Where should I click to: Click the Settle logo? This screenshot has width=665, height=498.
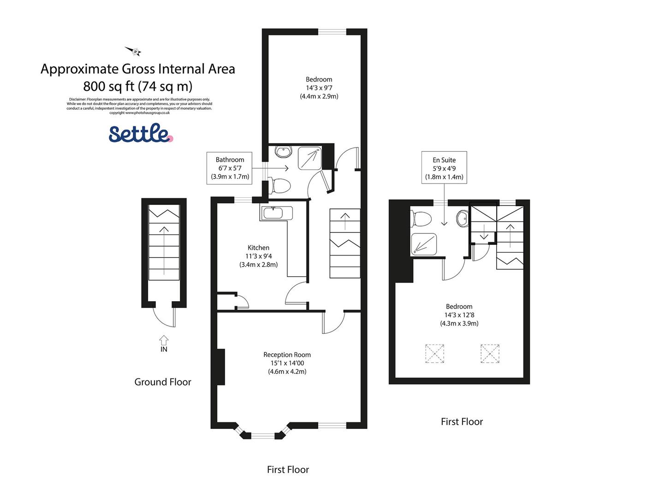141,133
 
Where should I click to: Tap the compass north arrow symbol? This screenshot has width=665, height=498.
133,51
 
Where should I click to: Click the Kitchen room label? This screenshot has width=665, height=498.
258,248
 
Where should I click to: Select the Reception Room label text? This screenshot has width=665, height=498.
287,355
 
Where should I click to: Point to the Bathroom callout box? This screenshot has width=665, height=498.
230,168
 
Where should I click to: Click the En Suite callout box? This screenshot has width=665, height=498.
444,168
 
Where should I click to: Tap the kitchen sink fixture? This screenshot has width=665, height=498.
277,213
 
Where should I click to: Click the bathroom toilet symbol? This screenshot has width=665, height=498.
280,186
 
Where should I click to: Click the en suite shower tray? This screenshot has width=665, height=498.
423,244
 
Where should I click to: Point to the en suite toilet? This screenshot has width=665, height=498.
421,219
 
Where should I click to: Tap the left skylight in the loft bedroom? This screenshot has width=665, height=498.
434,354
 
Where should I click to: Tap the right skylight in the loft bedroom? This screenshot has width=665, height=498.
490,354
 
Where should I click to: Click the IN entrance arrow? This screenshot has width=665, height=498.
164,341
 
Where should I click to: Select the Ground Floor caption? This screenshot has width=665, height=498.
163,382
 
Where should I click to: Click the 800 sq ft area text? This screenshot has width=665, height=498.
138,86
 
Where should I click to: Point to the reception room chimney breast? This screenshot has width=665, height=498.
221,367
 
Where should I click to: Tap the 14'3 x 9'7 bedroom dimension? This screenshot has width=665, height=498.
319,88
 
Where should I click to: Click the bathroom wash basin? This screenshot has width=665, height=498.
282,151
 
